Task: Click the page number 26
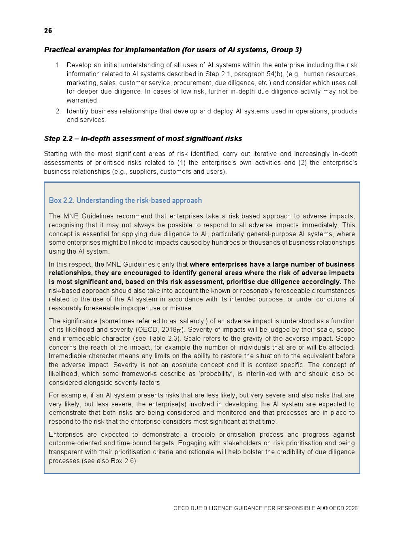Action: click(x=48, y=31)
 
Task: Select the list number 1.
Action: click(x=58, y=65)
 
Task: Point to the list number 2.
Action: click(x=58, y=111)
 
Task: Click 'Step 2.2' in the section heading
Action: click(x=58, y=139)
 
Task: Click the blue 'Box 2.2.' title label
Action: click(x=62, y=201)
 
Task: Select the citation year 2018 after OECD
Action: click(x=169, y=330)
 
